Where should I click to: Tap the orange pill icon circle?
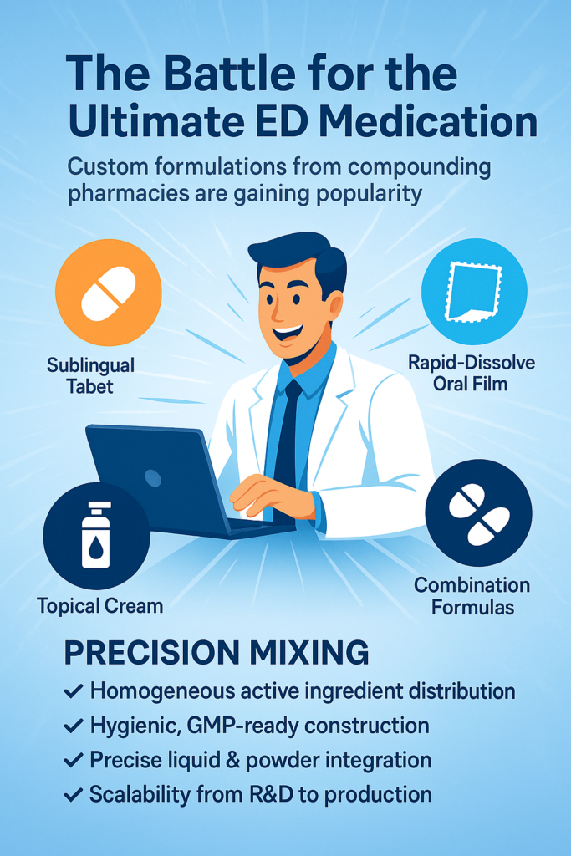tap(108, 293)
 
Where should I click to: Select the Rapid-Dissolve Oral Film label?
tap(472, 373)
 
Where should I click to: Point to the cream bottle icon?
tap(96, 536)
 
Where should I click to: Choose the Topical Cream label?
tap(99, 606)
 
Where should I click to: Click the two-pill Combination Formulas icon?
tap(478, 513)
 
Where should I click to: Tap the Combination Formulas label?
tap(472, 596)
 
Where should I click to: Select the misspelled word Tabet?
tap(89, 386)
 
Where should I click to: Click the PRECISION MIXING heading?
tap(217, 652)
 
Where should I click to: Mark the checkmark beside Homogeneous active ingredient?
tap(73, 691)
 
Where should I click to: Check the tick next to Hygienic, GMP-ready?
tap(73, 726)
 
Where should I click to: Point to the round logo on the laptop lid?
tap(153, 478)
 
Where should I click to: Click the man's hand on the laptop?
tap(272, 495)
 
